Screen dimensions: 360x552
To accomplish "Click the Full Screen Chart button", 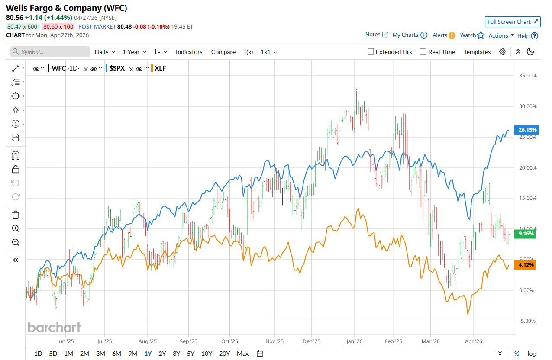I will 513,22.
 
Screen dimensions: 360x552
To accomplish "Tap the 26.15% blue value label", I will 525,129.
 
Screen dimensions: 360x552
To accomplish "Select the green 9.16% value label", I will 525,234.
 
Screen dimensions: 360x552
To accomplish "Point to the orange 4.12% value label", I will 525,265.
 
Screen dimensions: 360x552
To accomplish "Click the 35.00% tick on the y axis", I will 527,76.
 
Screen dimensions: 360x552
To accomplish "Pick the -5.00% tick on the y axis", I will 527,321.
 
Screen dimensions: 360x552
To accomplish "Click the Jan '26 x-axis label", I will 354,341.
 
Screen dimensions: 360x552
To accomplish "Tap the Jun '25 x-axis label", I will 65,341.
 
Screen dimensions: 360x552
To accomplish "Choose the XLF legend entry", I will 160,68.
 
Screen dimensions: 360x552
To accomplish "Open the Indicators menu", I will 189,52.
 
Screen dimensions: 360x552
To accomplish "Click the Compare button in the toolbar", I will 223,52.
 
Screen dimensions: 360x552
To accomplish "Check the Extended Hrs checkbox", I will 371,52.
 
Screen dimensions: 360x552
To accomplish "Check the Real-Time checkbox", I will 423,52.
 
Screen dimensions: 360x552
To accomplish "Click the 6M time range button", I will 116,354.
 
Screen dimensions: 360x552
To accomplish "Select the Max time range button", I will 242,354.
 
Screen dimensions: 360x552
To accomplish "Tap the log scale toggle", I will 531,354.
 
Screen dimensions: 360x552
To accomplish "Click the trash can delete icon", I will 16,215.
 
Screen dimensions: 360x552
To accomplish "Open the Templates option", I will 477,52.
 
